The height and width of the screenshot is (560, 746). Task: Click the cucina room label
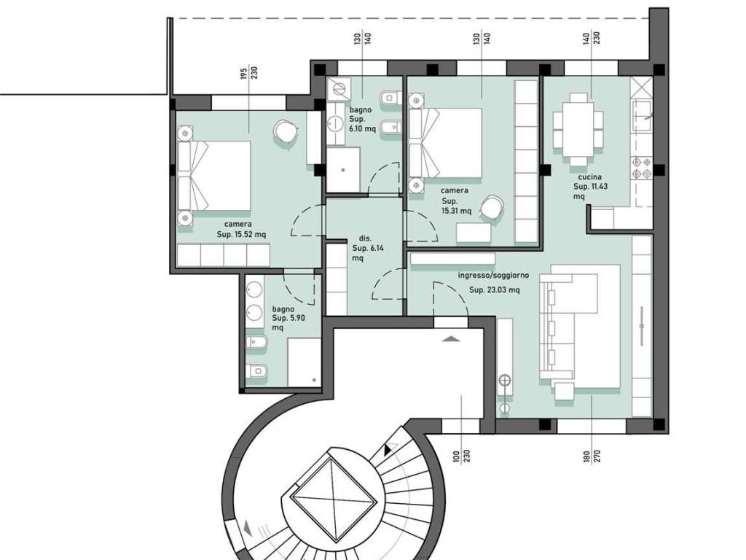[590, 177]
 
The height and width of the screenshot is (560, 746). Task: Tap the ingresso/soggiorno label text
[493, 276]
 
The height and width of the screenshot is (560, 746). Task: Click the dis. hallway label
[366, 238]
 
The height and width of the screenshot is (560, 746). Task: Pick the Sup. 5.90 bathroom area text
[288, 318]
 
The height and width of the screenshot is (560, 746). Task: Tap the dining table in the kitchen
[578, 130]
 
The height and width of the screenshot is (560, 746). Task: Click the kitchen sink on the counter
[642, 116]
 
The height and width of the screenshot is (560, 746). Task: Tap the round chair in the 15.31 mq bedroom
[492, 208]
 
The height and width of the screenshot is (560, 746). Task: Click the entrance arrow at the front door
[451, 339]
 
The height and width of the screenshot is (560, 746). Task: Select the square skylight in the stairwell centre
[334, 500]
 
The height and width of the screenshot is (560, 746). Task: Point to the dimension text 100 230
[461, 456]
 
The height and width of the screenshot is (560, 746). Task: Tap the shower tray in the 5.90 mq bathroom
[304, 362]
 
